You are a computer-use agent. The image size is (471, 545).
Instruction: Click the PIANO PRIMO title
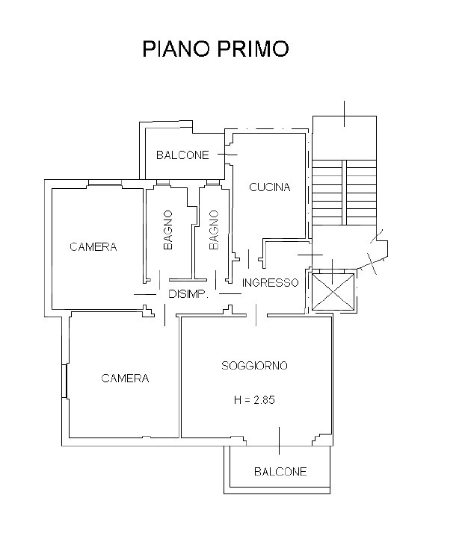click(x=215, y=49)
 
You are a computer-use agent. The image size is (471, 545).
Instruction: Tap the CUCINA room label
click(x=270, y=187)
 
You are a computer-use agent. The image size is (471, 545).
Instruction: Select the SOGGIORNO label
click(x=254, y=366)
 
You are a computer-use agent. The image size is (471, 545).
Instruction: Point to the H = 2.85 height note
click(x=254, y=400)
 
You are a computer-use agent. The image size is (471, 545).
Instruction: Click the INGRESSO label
click(x=271, y=283)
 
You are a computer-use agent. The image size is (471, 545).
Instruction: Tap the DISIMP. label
click(x=188, y=294)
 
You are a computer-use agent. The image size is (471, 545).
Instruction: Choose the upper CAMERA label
click(x=93, y=247)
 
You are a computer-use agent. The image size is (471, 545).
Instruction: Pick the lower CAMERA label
click(x=125, y=379)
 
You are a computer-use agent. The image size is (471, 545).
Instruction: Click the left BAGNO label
click(x=168, y=230)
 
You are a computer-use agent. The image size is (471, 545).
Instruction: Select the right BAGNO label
click(x=214, y=230)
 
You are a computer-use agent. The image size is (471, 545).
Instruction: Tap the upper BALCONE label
click(x=182, y=155)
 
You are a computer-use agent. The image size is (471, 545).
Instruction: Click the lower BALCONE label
click(x=280, y=472)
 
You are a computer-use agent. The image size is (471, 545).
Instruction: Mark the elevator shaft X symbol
click(x=333, y=292)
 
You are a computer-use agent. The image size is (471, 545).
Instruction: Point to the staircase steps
click(x=345, y=192)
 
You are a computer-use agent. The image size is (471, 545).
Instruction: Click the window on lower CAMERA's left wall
click(x=65, y=381)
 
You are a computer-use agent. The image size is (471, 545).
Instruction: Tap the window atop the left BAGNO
click(x=163, y=182)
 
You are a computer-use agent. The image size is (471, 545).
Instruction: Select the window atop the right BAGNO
click(x=213, y=182)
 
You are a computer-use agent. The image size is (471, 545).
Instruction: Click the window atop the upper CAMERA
click(x=105, y=182)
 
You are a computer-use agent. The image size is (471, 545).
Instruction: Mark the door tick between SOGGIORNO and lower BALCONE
click(x=279, y=440)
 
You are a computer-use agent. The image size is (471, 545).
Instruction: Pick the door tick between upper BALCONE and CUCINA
click(x=227, y=155)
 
